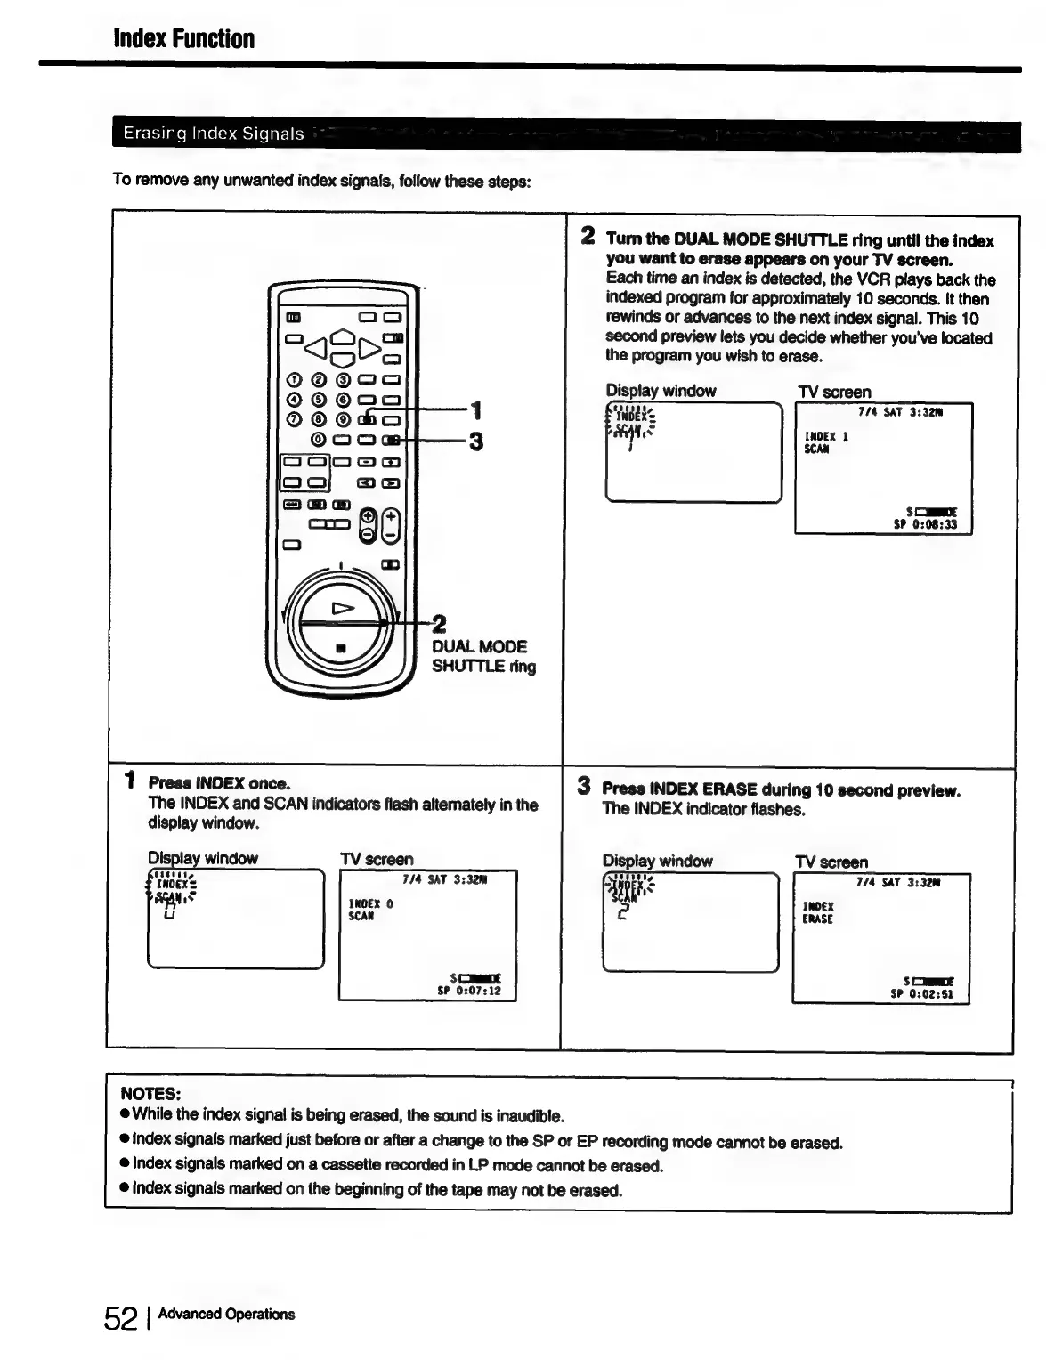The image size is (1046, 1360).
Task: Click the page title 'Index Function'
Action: pyautogui.click(x=183, y=39)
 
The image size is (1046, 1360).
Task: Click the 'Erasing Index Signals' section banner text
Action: pyautogui.click(x=214, y=134)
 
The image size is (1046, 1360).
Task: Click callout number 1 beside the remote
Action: pyautogui.click(x=477, y=410)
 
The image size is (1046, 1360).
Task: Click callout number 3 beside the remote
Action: pyautogui.click(x=476, y=441)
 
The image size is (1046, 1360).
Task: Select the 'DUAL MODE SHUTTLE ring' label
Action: pyautogui.click(x=483, y=656)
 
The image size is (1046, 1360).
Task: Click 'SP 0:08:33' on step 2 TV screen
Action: pyautogui.click(x=925, y=524)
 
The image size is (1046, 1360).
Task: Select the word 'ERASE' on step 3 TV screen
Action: pyautogui.click(x=817, y=919)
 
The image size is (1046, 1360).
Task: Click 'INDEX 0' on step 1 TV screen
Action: pyautogui.click(x=370, y=903)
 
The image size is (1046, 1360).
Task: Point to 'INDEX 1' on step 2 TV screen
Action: pyautogui.click(x=826, y=436)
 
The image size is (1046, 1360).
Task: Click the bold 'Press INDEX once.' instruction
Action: pyautogui.click(x=219, y=783)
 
